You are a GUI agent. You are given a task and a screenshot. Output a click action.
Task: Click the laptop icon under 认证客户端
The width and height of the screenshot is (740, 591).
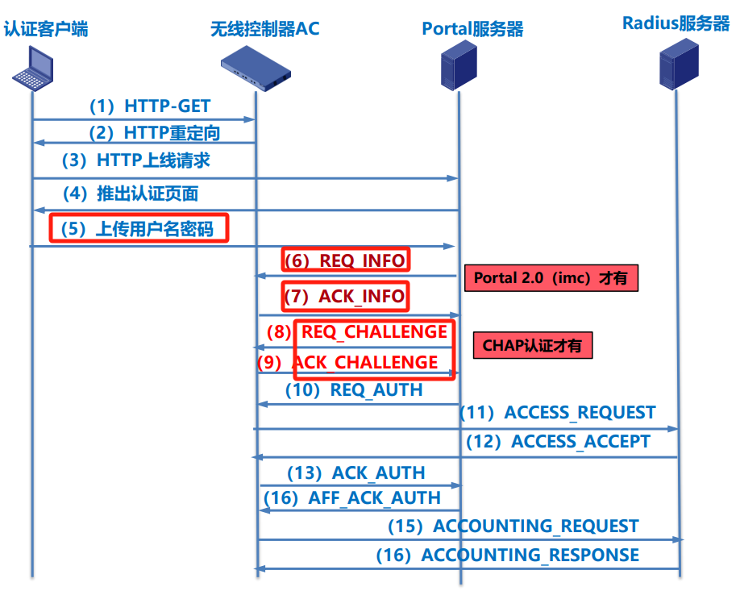click(32, 68)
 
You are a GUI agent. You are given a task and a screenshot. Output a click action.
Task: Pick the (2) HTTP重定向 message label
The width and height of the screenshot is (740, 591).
click(154, 132)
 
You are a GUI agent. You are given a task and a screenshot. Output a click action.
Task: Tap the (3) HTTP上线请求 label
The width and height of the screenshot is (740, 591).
click(136, 160)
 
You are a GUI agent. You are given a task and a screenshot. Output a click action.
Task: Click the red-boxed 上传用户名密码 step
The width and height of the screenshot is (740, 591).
click(139, 228)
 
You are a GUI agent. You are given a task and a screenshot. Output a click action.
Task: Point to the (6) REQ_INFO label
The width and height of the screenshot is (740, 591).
click(346, 260)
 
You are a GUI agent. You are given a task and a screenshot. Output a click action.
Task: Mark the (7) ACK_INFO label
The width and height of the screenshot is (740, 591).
click(345, 296)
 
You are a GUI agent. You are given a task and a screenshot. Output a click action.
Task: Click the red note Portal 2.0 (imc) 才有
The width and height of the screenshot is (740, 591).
click(551, 278)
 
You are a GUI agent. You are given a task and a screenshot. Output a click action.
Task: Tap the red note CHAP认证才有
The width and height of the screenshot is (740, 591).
click(532, 346)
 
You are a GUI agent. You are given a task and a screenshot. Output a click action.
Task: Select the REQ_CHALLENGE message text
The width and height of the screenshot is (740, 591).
click(374, 331)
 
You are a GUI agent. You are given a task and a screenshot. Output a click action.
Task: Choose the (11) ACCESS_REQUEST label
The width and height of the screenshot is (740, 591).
click(558, 413)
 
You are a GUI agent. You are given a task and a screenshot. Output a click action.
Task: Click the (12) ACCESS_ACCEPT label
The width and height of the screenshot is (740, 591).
click(558, 442)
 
